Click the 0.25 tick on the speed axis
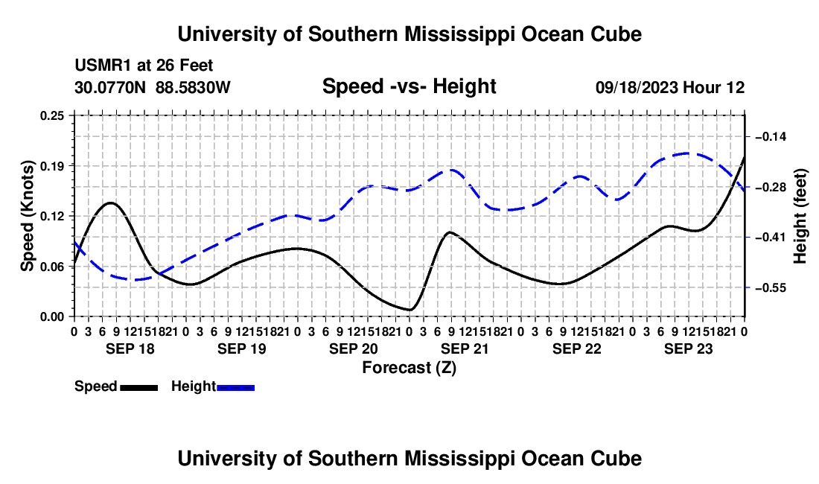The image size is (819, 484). click(51, 115)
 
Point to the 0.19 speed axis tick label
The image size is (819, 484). click(51, 166)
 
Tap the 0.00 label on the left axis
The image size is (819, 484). click(51, 317)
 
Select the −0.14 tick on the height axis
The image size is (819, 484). click(771, 137)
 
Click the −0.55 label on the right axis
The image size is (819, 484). click(771, 287)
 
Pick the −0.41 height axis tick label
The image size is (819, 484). click(771, 238)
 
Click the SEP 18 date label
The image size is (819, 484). click(130, 348)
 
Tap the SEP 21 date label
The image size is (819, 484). click(465, 348)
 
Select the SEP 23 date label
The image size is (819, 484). click(689, 348)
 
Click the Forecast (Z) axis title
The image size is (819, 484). click(409, 368)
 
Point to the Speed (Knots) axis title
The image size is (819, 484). click(27, 216)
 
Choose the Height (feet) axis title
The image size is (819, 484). click(800, 216)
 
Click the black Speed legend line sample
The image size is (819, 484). click(139, 387)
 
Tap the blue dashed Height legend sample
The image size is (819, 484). click(235, 387)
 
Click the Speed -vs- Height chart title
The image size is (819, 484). click(409, 86)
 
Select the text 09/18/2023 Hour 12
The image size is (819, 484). click(670, 87)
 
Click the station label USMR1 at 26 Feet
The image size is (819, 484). click(144, 66)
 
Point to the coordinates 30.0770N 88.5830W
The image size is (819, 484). click(153, 87)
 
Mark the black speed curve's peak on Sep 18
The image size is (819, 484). click(111, 203)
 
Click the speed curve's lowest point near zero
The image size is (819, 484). click(410, 310)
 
